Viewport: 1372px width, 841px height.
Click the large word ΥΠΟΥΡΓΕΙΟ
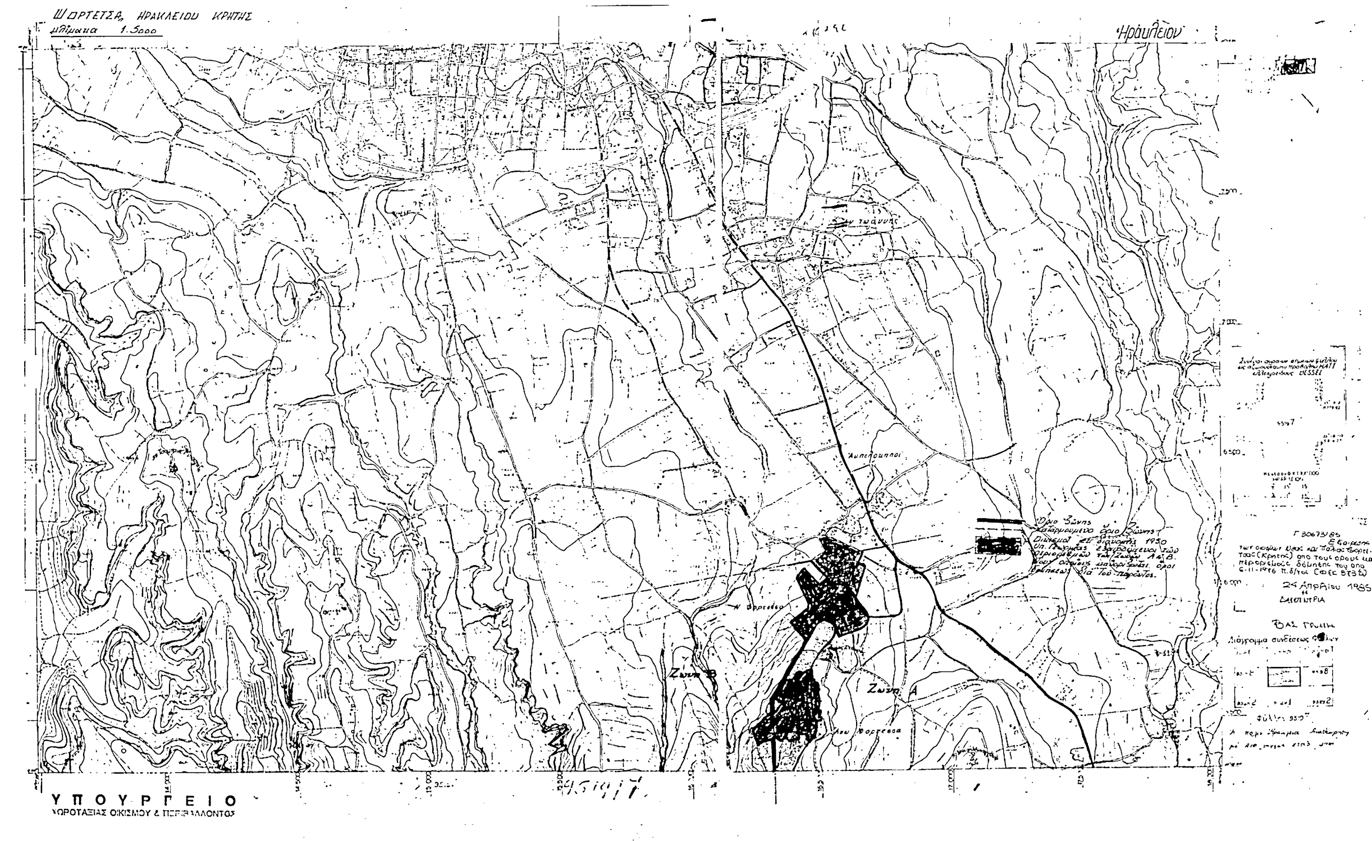pyautogui.click(x=144, y=800)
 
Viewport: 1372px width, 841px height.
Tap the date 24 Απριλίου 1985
pyautogui.click(x=1330, y=588)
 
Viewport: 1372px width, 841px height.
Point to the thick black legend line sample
pyautogui.click(x=999, y=521)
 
